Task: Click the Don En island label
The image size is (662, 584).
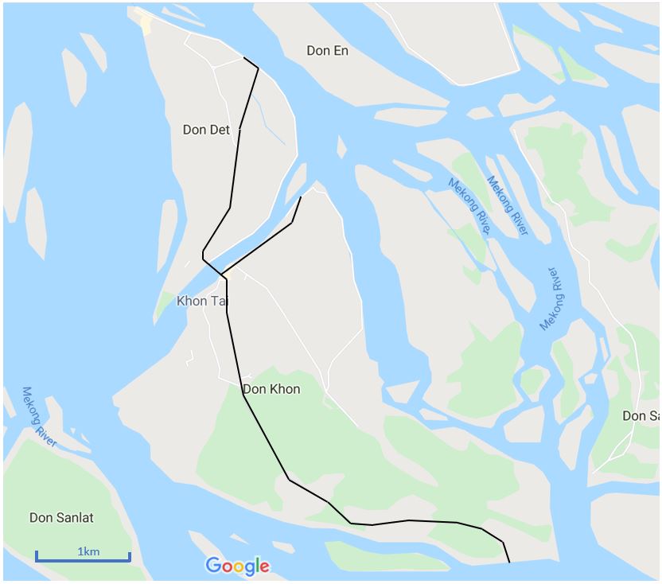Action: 327,51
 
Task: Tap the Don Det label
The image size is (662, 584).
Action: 206,130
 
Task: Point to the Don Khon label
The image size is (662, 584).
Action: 271,389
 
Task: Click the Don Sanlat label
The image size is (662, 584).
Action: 61,518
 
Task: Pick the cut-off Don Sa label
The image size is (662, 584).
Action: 641,416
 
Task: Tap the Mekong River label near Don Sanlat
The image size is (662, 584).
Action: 38,417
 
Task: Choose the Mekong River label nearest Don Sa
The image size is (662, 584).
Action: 554,299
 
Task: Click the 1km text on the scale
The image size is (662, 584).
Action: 88,551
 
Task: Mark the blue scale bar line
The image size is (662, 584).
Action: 83,560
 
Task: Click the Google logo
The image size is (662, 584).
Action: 237,566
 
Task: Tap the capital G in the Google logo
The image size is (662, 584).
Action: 213,566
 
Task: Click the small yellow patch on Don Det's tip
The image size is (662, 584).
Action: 145,23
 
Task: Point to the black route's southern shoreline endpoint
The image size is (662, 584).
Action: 509,562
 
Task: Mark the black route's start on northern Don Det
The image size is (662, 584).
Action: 244,58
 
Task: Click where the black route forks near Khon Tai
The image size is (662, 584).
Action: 224,275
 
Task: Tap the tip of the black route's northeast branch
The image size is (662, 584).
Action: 301,197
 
